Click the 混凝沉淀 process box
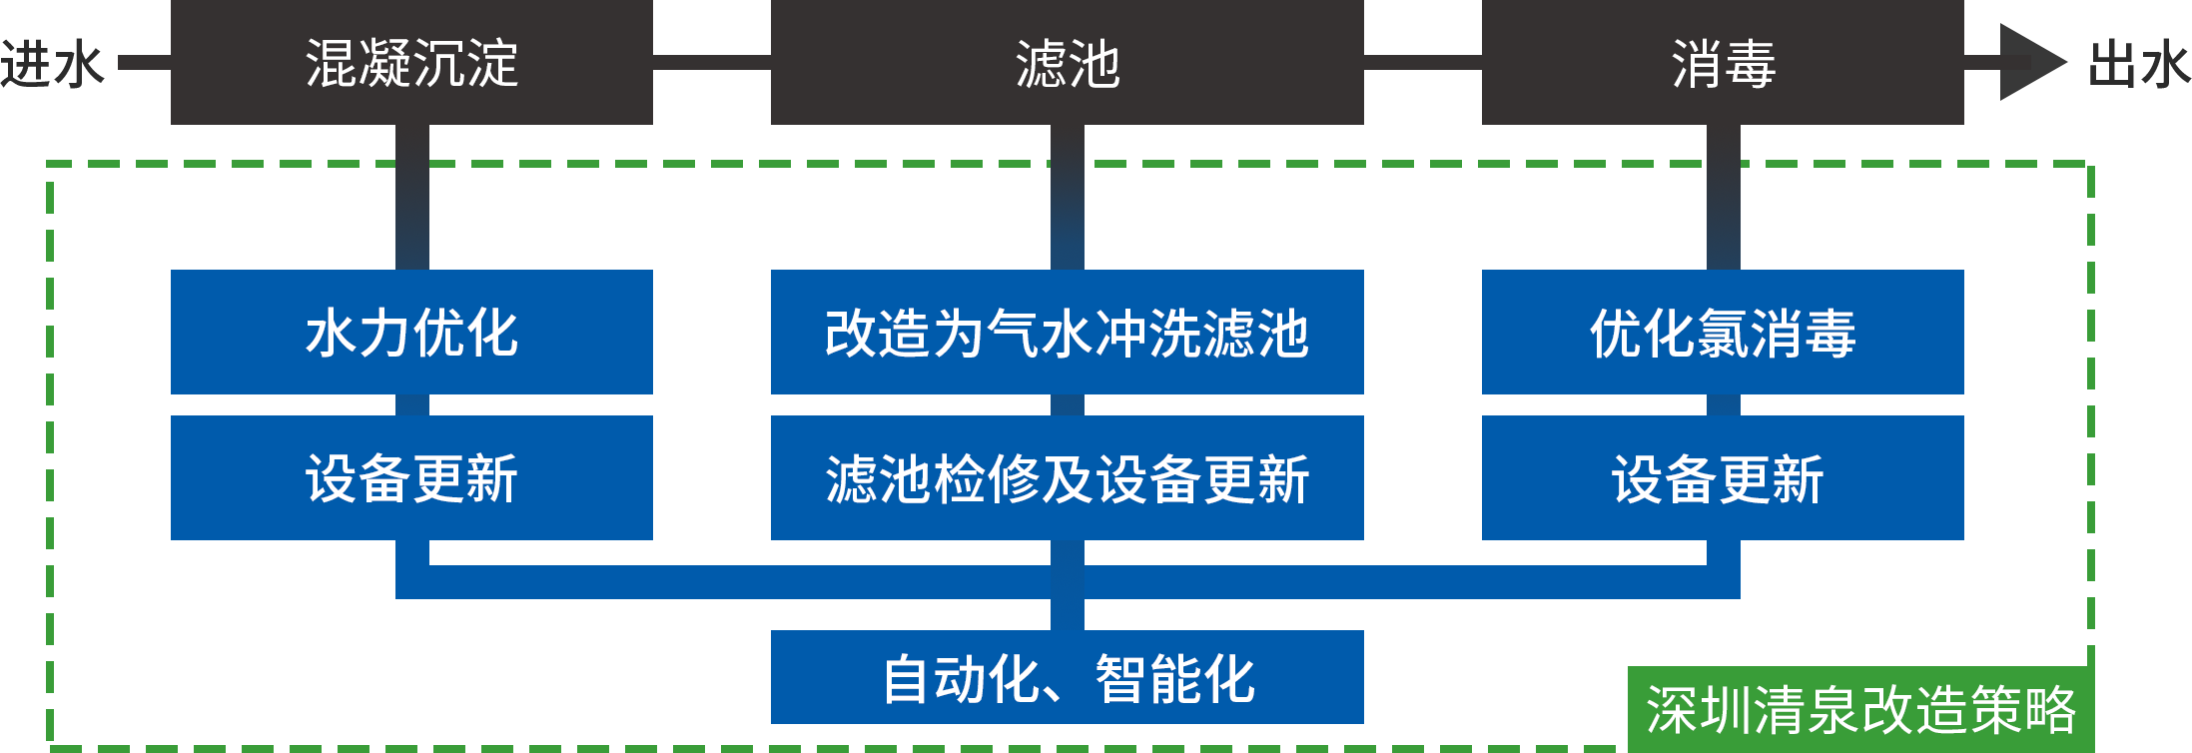click(410, 63)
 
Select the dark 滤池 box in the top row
click(1067, 63)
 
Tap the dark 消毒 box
click(1722, 63)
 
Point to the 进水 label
click(50, 64)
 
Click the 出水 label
click(2139, 64)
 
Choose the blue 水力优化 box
click(410, 332)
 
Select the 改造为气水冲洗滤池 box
click(1067, 332)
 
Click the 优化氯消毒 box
click(1722, 332)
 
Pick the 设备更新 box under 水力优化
click(410, 477)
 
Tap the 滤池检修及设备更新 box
click(1067, 477)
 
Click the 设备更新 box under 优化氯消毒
click(1722, 477)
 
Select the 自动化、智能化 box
click(1067, 677)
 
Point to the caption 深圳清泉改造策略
click(1860, 710)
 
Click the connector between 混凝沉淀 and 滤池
click(711, 62)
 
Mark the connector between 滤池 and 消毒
click(1422, 62)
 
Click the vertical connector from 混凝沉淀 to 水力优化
click(411, 197)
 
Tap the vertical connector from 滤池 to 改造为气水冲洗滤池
click(1067, 197)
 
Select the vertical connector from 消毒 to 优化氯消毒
click(1723, 197)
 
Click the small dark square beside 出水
click(2033, 62)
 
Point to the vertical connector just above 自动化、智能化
click(1067, 613)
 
